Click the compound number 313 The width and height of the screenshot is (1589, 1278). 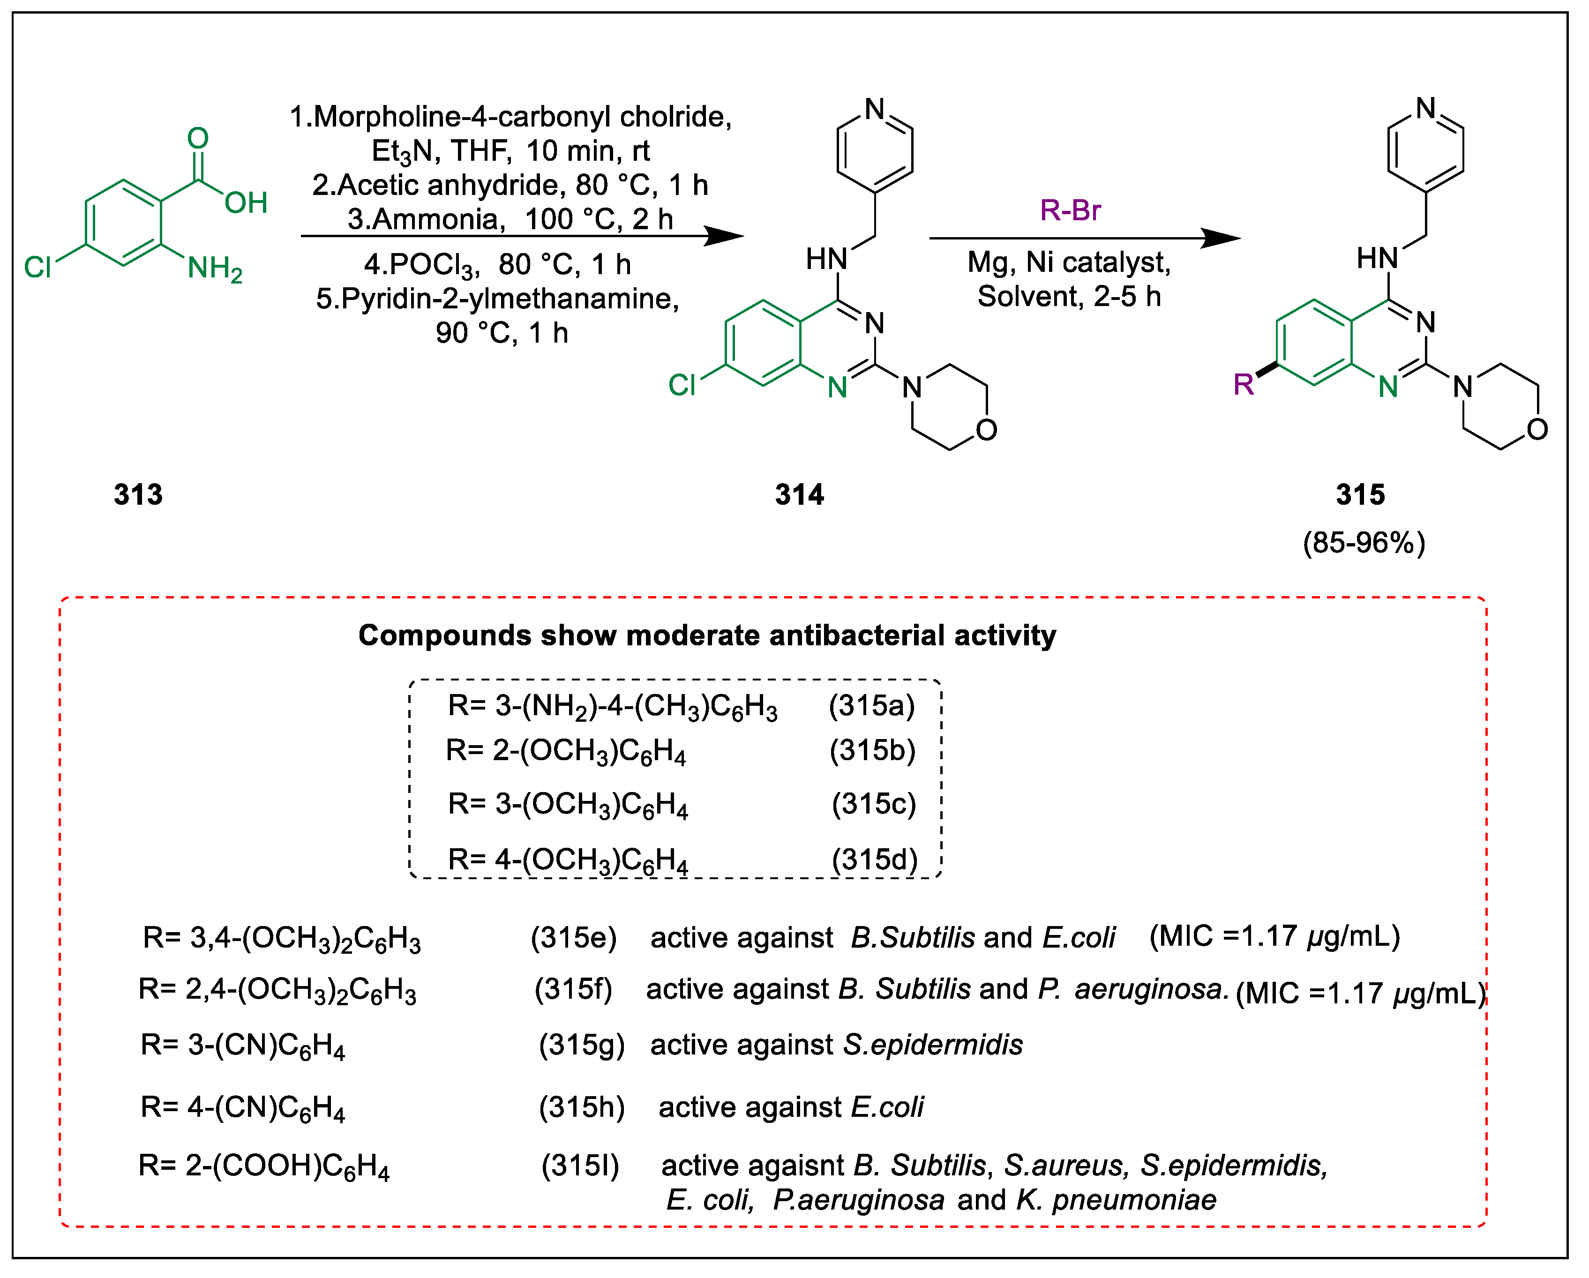point(138,494)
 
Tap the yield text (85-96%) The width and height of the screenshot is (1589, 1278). point(1364,543)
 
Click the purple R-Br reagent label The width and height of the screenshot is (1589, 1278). point(1070,211)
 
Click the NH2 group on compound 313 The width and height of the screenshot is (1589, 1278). point(214,268)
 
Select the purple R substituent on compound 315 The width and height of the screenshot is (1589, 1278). point(1244,384)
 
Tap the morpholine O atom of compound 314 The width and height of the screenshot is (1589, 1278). point(986,430)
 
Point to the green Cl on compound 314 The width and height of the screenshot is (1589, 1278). point(681,385)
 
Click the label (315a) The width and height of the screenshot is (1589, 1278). point(871,706)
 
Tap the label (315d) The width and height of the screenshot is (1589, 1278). point(874,859)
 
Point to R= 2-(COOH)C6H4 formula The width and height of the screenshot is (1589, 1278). point(263,1166)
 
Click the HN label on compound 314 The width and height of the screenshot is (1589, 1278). point(825,260)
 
